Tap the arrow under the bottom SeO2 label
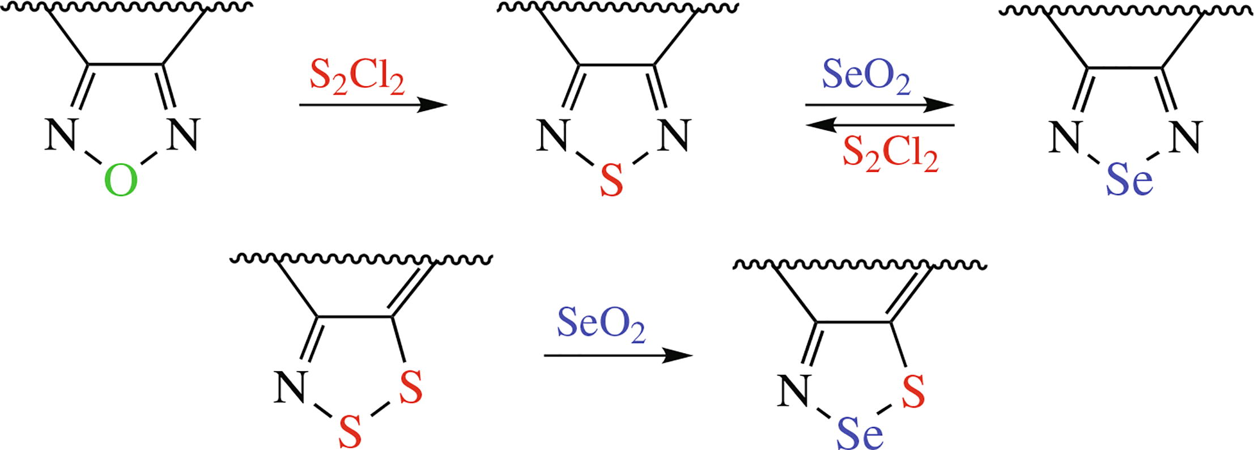[x=618, y=356]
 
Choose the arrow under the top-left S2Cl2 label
[x=373, y=105]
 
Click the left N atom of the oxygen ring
[x=61, y=135]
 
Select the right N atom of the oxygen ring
[x=184, y=135]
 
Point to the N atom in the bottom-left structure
[x=290, y=388]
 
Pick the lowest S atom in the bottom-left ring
[x=350, y=432]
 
